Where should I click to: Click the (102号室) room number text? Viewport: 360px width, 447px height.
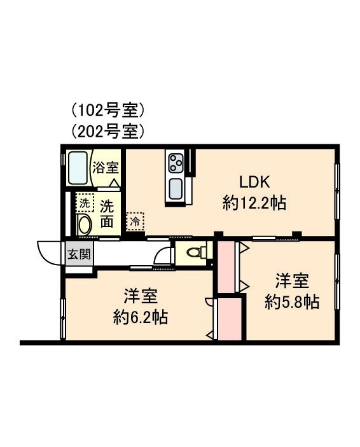click(108, 111)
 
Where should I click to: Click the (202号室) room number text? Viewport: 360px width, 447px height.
click(108, 132)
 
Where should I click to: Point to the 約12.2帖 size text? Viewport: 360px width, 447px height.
click(254, 203)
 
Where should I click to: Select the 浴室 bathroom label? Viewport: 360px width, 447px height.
click(106, 168)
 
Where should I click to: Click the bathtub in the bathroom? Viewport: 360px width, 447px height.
click(78, 167)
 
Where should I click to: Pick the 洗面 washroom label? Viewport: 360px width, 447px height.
click(107, 214)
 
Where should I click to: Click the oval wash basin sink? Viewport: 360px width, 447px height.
click(84, 225)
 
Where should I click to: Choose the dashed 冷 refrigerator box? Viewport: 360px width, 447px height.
click(135, 221)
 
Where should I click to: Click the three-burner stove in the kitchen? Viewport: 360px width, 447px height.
click(176, 163)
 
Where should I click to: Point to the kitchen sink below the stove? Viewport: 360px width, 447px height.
click(175, 189)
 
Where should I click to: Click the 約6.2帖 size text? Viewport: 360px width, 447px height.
click(141, 317)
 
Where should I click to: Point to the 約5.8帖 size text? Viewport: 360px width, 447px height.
click(292, 301)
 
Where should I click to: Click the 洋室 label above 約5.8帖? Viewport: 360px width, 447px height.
click(292, 280)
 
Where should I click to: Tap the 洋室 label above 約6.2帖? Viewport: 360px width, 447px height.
click(141, 295)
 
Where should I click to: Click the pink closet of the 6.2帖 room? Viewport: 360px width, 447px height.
click(230, 318)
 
